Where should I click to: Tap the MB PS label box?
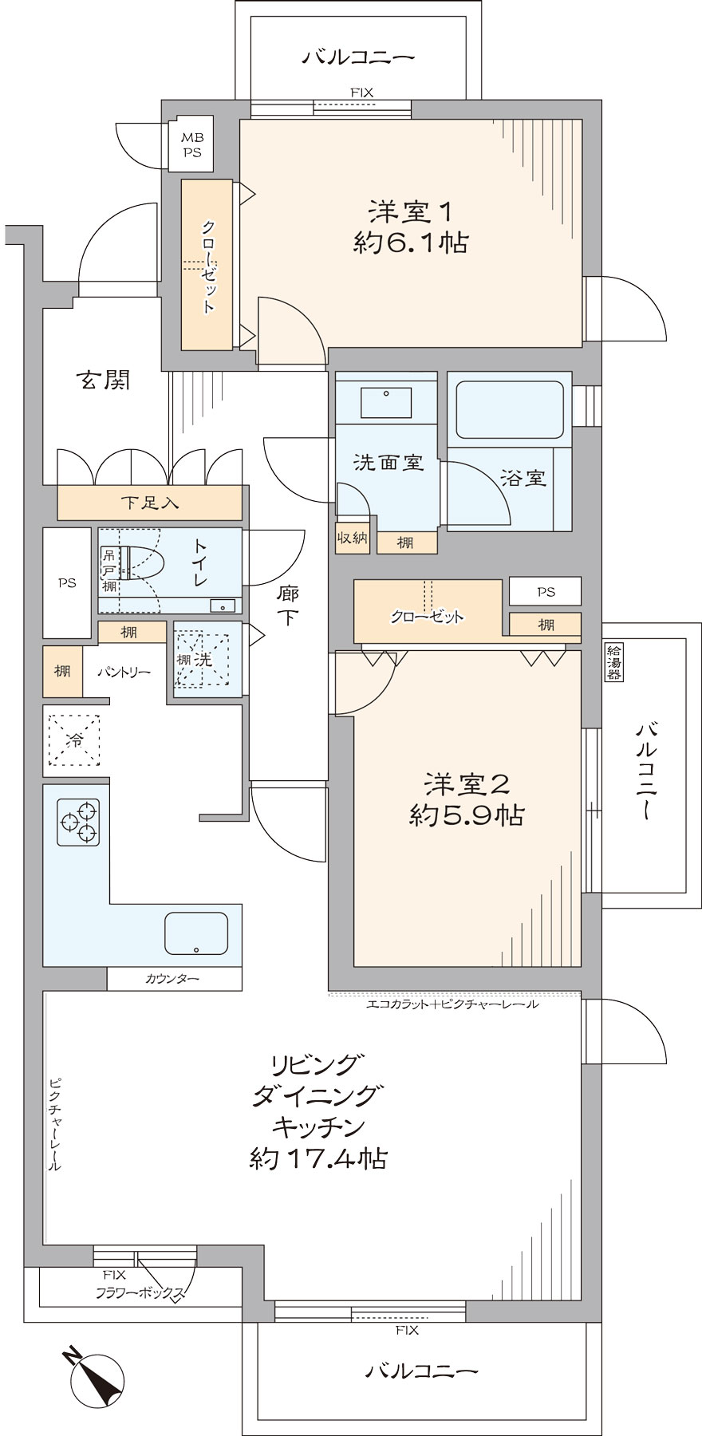tap(191, 146)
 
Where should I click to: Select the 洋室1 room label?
tap(410, 212)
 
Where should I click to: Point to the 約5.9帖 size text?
tap(466, 815)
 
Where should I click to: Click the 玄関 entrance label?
tap(103, 381)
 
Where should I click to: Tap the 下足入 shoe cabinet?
tap(150, 503)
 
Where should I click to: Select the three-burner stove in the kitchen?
tap(78, 822)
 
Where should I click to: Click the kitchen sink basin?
tap(196, 933)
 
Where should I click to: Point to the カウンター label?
tap(172, 979)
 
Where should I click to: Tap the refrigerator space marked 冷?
tap(74, 741)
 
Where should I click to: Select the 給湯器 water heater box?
tap(614, 662)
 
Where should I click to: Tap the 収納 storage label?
tap(352, 538)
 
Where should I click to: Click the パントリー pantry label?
tap(124, 672)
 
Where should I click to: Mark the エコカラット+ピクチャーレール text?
tap(452, 1004)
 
